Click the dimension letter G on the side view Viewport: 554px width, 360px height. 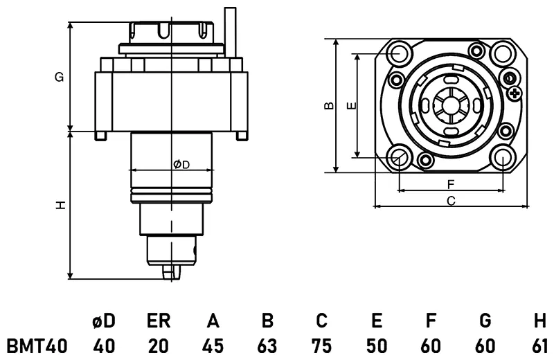(59, 77)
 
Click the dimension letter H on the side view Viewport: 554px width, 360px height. (60, 205)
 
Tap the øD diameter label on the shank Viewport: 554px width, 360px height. (181, 164)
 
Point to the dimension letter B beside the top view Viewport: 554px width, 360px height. (329, 105)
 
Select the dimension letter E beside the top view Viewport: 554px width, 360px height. (352, 105)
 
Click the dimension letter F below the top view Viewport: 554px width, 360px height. (451, 184)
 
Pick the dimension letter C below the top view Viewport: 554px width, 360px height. (452, 201)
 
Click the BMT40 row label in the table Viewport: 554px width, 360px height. (37, 346)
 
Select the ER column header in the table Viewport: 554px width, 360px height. (159, 321)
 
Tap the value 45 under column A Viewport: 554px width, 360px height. (213, 346)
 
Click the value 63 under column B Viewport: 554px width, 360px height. (267, 346)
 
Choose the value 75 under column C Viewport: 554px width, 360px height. (321, 346)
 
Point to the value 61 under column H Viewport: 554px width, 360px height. (539, 346)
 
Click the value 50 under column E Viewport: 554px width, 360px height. (376, 346)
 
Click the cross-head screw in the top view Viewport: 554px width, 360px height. (515, 93)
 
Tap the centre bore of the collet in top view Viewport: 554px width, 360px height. (452, 105)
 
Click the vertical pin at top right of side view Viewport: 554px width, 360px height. (231, 32)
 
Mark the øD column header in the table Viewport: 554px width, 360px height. (104, 321)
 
